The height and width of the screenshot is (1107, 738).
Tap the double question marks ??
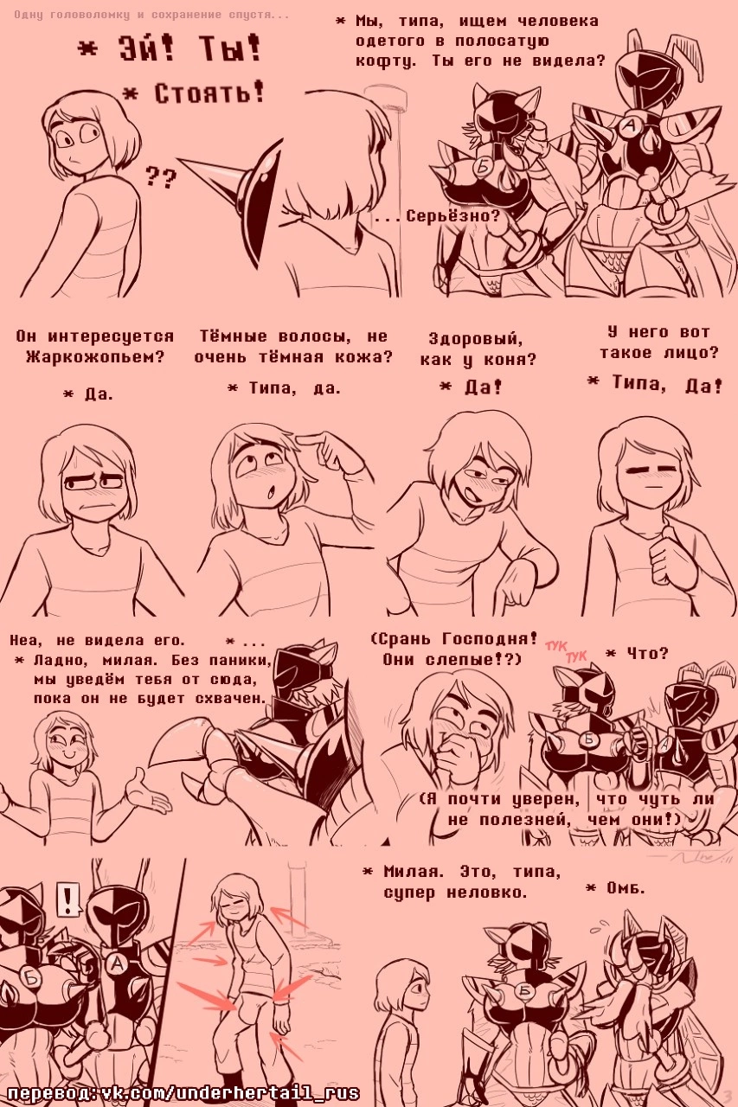[x=161, y=177]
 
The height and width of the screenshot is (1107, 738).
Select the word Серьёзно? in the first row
[x=452, y=216]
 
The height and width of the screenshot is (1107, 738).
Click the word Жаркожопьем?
[x=95, y=357]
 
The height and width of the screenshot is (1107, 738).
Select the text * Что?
[x=637, y=653]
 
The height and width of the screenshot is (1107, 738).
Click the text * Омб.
[x=615, y=889]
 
